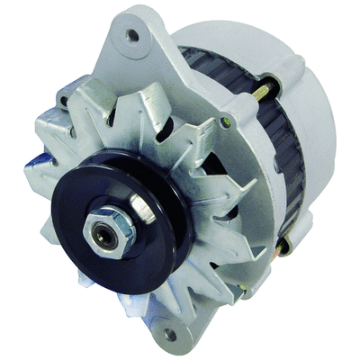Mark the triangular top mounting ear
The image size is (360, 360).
tap(135, 45)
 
